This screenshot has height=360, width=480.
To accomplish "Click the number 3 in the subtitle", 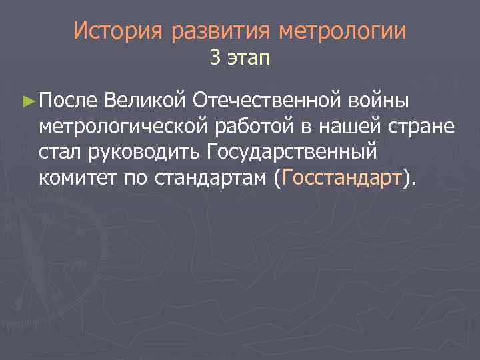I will (214, 59).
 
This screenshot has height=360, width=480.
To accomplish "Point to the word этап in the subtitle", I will (249, 60).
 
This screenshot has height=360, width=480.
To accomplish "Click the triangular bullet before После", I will (28, 101).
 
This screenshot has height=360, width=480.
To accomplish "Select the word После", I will (69, 101).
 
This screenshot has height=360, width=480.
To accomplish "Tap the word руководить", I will (143, 153).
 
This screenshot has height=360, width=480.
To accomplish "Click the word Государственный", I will (292, 153).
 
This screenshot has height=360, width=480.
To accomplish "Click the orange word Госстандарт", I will (343, 178).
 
